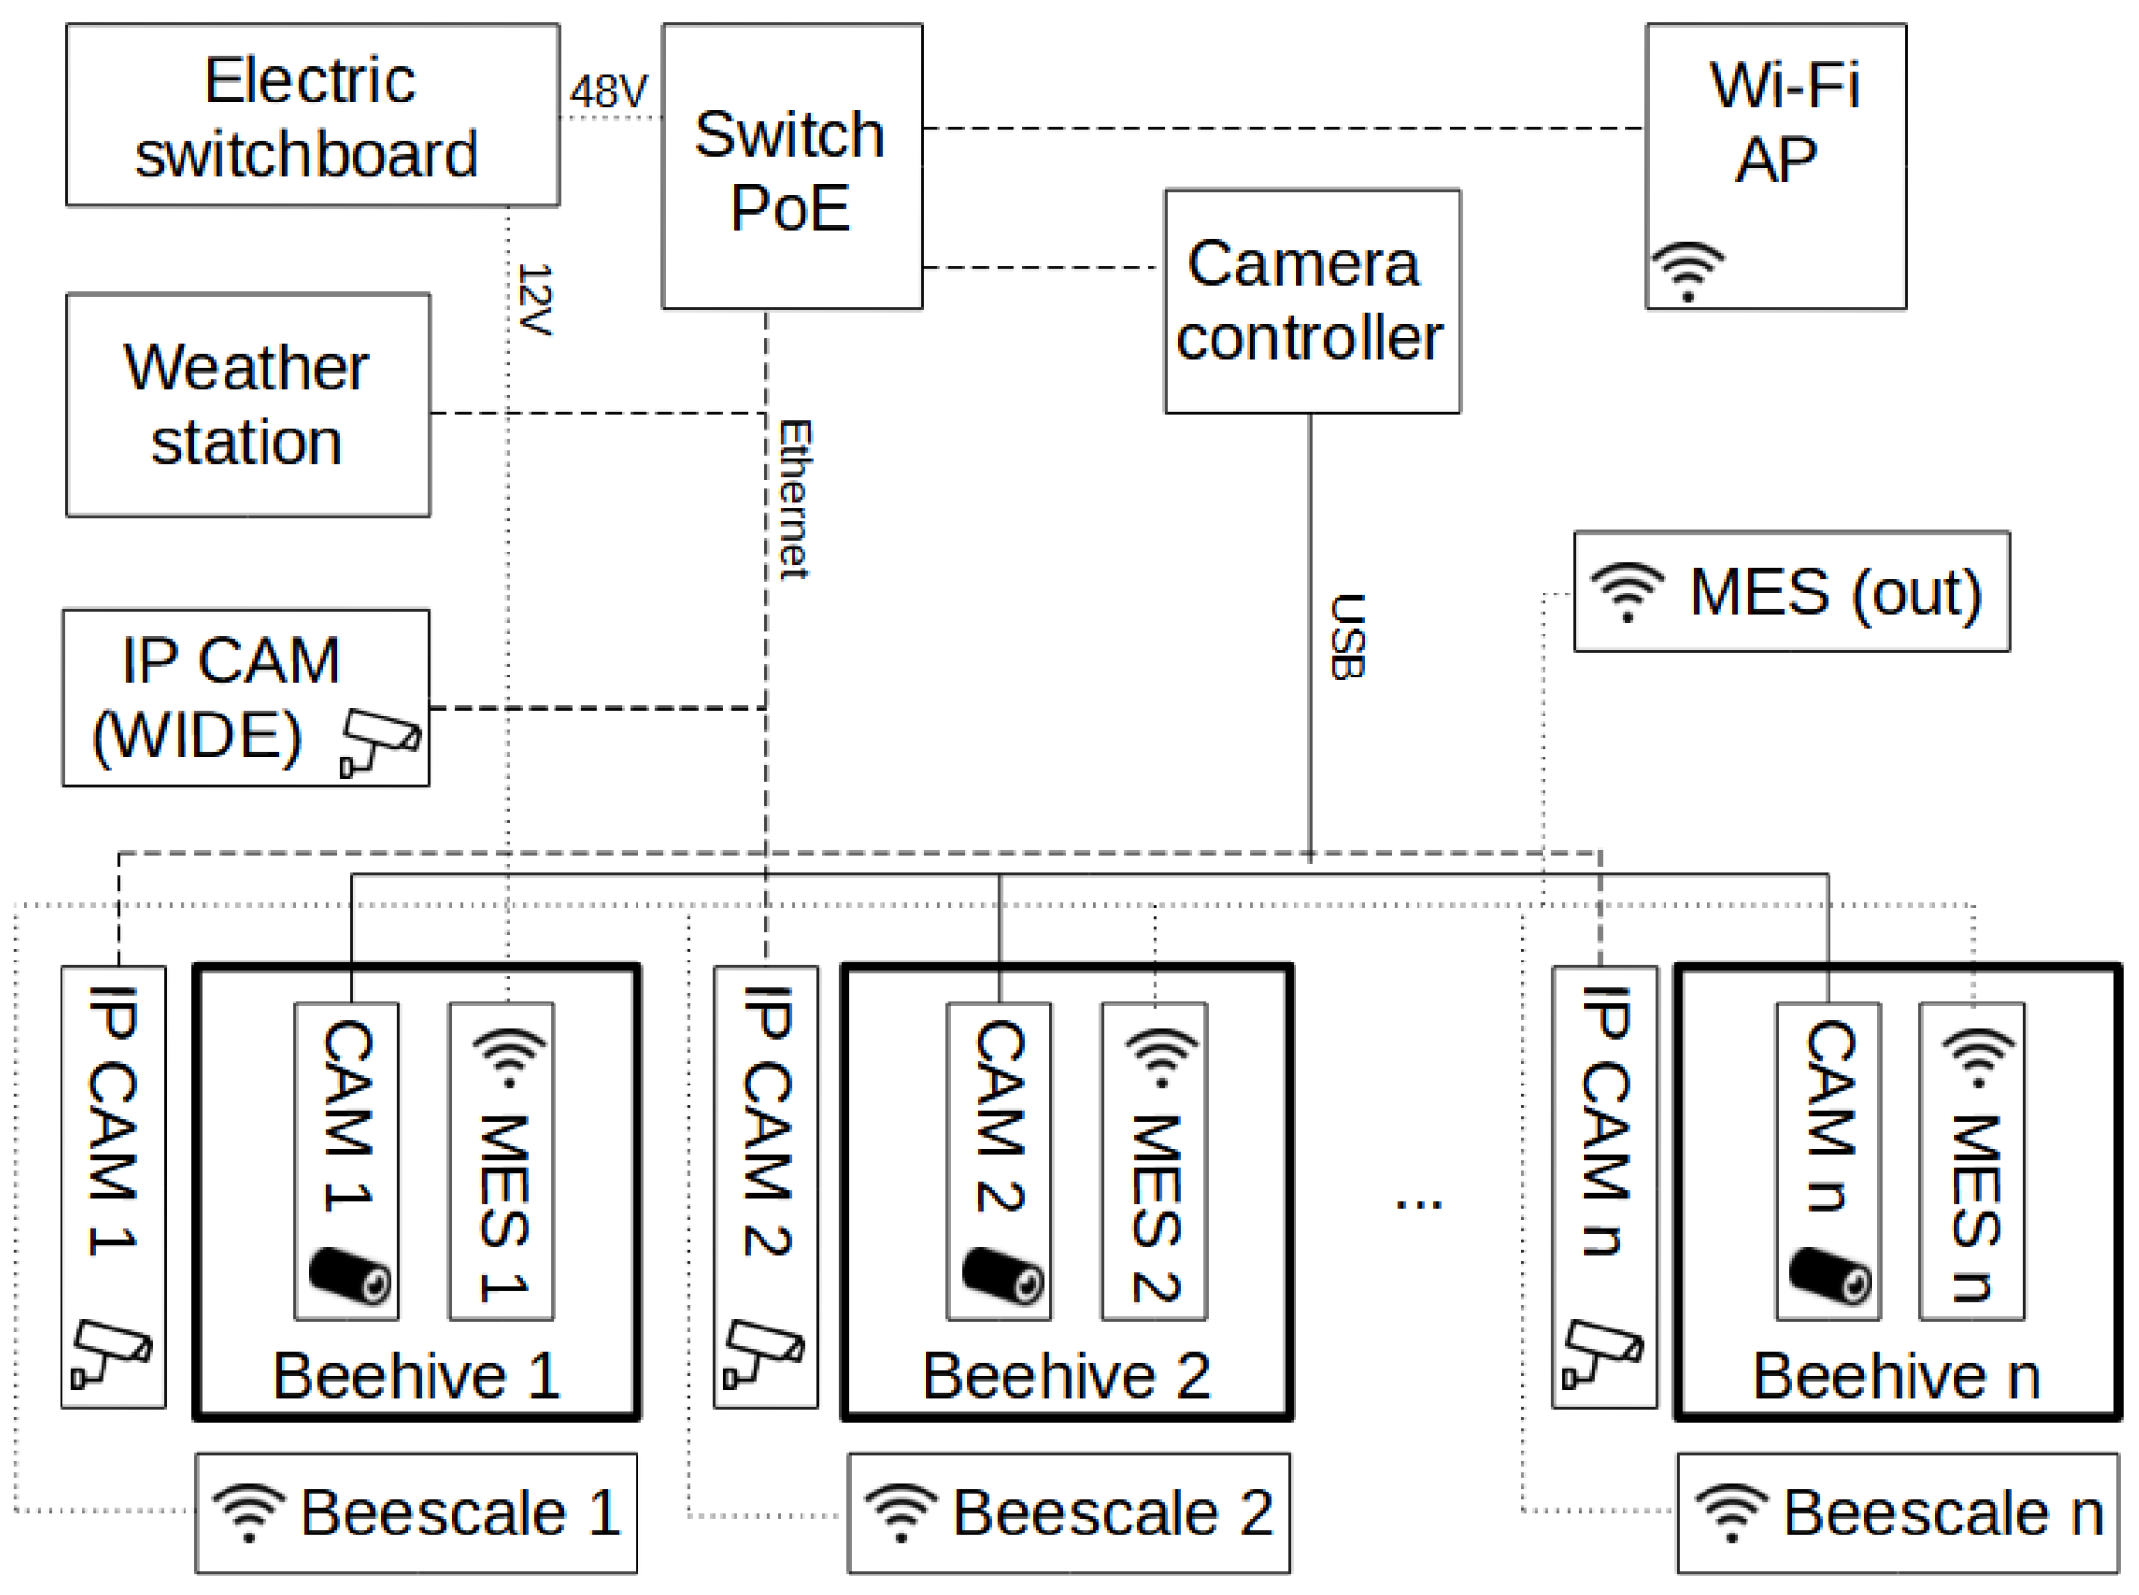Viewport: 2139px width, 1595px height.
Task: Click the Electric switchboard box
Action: pyautogui.click(x=312, y=115)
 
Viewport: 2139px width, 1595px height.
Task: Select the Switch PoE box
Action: pyautogui.click(x=791, y=168)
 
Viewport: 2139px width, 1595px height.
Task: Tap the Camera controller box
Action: pyautogui.click(x=1311, y=302)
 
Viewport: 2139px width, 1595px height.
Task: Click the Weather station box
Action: pyautogui.click(x=248, y=405)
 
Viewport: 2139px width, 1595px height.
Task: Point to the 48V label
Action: pyautogui.click(x=608, y=92)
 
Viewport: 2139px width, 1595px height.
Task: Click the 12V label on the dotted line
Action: pyautogui.click(x=536, y=299)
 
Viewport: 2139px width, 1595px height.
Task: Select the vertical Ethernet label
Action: pyautogui.click(x=795, y=499)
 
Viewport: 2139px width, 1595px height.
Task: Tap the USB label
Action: pyautogui.click(x=1346, y=636)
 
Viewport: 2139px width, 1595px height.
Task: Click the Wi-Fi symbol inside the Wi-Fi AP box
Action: pyautogui.click(x=1687, y=271)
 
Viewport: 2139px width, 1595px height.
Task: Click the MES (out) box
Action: pyautogui.click(x=1790, y=592)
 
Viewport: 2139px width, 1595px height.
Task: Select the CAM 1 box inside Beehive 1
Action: pyautogui.click(x=347, y=1160)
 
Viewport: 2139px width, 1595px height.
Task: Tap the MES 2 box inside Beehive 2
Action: pyautogui.click(x=1154, y=1160)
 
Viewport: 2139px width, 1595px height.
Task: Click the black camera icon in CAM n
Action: pyautogui.click(x=1829, y=1275)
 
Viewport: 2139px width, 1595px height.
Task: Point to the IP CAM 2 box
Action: pyautogui.click(x=765, y=1186)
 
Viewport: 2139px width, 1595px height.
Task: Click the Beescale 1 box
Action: pyautogui.click(x=417, y=1513)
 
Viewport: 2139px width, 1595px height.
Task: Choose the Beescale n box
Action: pyautogui.click(x=1897, y=1513)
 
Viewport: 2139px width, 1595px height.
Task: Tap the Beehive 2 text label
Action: pyautogui.click(x=1066, y=1375)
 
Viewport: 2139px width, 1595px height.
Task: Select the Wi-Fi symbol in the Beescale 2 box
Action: pyautogui.click(x=901, y=1512)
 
